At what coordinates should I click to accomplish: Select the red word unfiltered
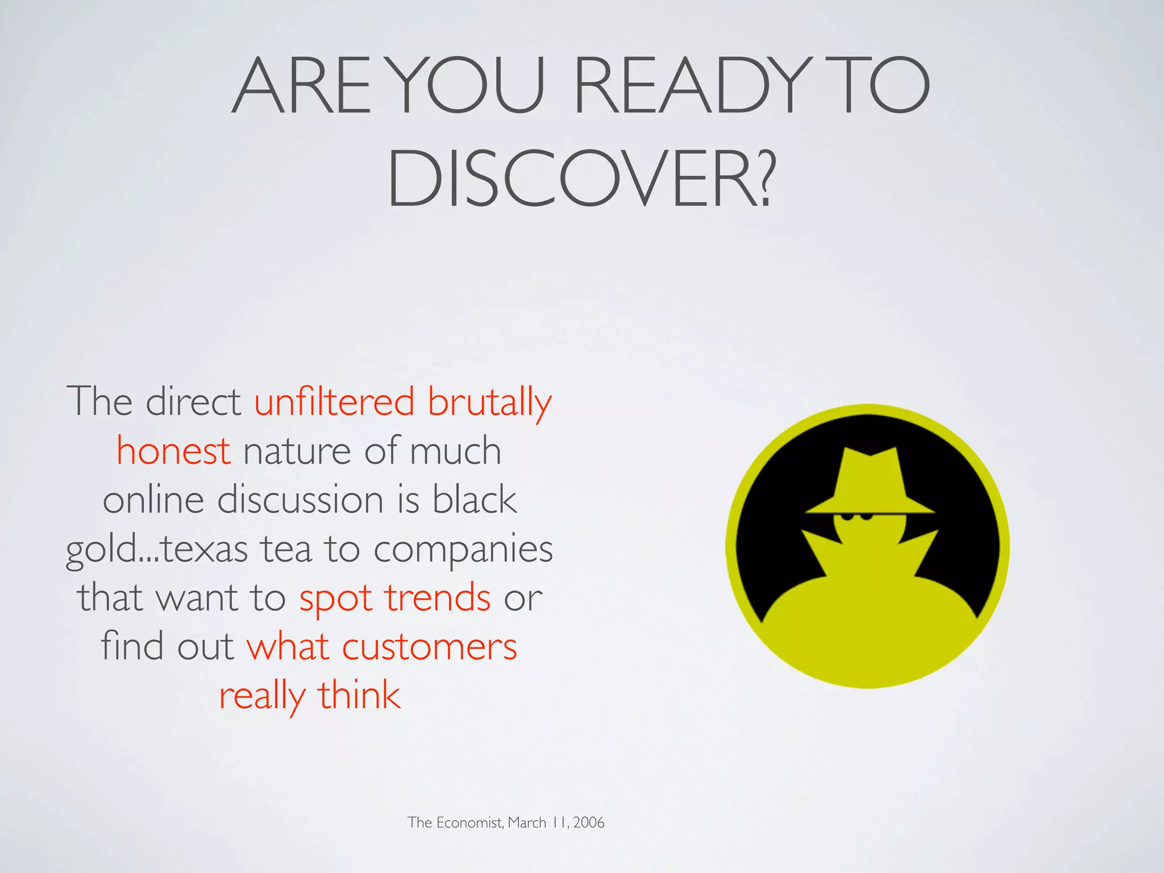pyautogui.click(x=334, y=402)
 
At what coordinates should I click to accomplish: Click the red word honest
pyautogui.click(x=173, y=451)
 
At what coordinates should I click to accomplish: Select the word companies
pyautogui.click(x=463, y=550)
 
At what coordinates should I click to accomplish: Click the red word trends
pyautogui.click(x=438, y=598)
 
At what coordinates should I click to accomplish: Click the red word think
pyautogui.click(x=359, y=696)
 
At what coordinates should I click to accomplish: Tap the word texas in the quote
pyautogui.click(x=205, y=550)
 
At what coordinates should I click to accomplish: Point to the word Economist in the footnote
pyautogui.click(x=469, y=822)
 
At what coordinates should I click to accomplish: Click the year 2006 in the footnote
pyautogui.click(x=589, y=822)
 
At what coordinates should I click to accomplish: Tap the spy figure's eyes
pyautogui.click(x=857, y=517)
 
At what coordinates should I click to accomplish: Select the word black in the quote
pyautogui.click(x=475, y=500)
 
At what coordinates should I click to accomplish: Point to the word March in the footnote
pyautogui.click(x=527, y=822)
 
